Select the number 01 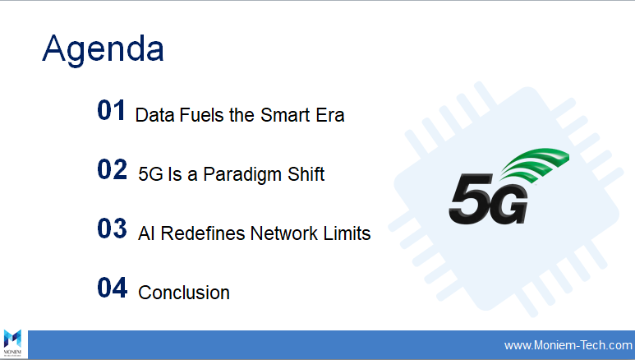point(111,110)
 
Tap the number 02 point(113,169)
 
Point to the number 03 point(113,228)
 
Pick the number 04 point(113,288)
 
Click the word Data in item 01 point(154,115)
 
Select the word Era point(330,115)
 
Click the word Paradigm point(242,176)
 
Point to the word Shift point(306,174)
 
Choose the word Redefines point(203,233)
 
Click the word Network point(284,233)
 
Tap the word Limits point(347,233)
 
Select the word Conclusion point(184,293)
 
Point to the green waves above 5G point(536,164)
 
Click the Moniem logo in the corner point(12,343)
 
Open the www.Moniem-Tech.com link point(568,345)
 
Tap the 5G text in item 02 point(150,174)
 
